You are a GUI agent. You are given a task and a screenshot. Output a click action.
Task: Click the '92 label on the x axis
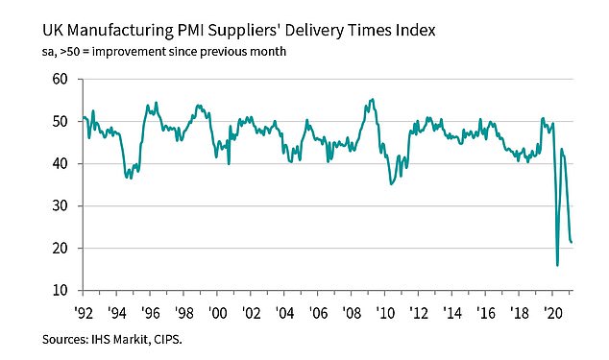coord(84,312)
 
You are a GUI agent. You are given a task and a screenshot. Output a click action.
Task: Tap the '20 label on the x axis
coord(553,312)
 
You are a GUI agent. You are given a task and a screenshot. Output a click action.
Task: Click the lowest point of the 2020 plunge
coord(557,265)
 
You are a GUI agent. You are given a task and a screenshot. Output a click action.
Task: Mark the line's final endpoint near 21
coord(573,243)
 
